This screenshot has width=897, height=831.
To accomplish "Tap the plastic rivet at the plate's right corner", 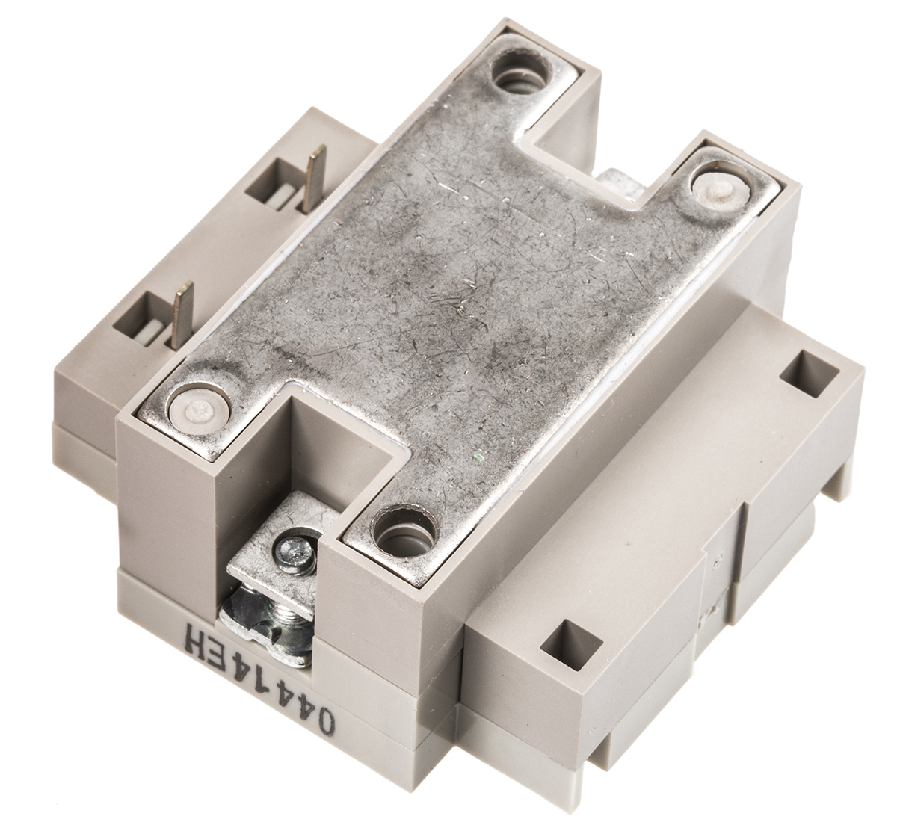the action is (x=722, y=191).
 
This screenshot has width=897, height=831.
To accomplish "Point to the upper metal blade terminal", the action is (x=315, y=178).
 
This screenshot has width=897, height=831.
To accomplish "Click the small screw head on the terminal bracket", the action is (x=294, y=555).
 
